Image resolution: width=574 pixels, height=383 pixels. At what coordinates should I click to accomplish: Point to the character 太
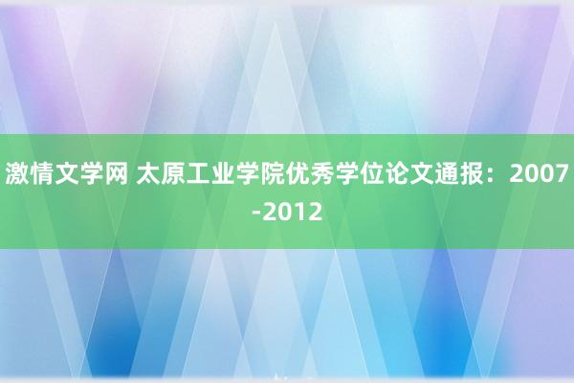[x=148, y=173]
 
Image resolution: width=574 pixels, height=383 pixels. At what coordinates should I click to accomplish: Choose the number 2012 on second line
[x=293, y=212]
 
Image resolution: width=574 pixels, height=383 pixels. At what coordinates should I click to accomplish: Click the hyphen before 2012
[x=256, y=213]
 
